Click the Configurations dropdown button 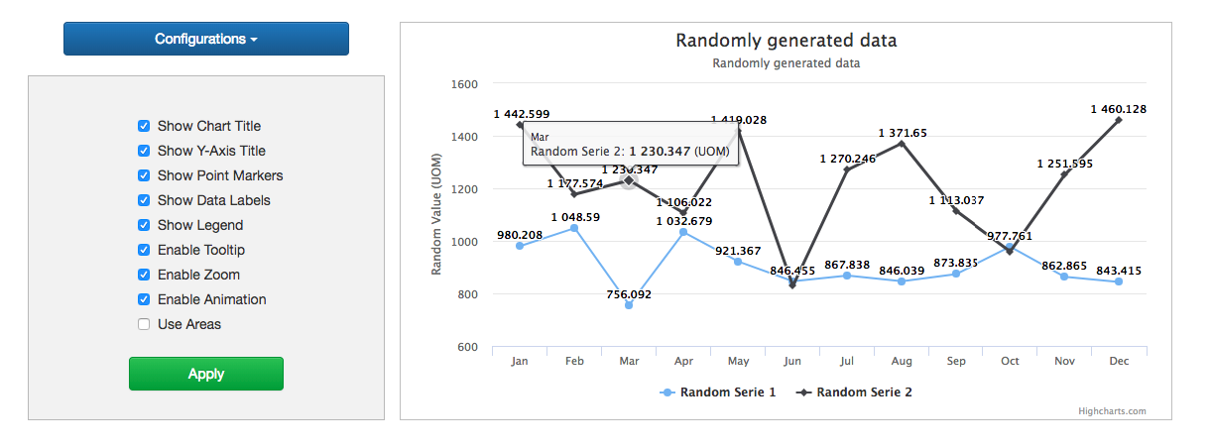205,39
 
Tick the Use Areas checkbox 144,324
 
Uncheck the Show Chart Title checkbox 144,126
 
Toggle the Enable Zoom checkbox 144,275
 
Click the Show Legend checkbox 144,225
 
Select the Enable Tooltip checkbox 144,250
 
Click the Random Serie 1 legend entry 717,392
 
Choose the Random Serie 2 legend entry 854,392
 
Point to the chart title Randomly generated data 786,41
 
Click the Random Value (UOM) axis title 436,214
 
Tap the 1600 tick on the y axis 463,84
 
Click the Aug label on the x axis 901,362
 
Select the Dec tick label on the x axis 1119,362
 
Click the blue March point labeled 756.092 629,305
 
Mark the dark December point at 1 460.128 1119,120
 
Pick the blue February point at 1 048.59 574,229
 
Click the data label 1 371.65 903,133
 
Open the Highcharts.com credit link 1112,410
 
